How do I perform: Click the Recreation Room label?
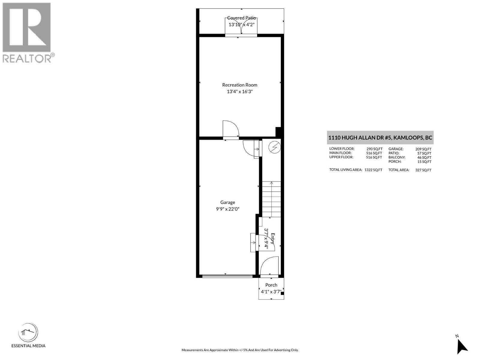[x=239, y=85]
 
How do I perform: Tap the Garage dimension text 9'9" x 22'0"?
[x=227, y=209]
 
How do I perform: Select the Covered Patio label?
[x=241, y=18]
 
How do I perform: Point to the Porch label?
[x=271, y=285]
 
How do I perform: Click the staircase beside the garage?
[x=271, y=199]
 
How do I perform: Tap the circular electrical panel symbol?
[x=274, y=147]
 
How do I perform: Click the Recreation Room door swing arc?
[x=231, y=129]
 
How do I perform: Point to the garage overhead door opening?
[x=227, y=276]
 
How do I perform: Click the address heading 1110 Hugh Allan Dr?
[x=380, y=138]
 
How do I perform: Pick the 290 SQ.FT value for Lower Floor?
[x=374, y=149]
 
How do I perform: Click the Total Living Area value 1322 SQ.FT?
[x=373, y=170]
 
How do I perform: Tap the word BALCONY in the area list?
[x=397, y=157]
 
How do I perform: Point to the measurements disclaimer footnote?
[x=240, y=350]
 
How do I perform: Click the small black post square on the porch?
[x=282, y=294]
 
